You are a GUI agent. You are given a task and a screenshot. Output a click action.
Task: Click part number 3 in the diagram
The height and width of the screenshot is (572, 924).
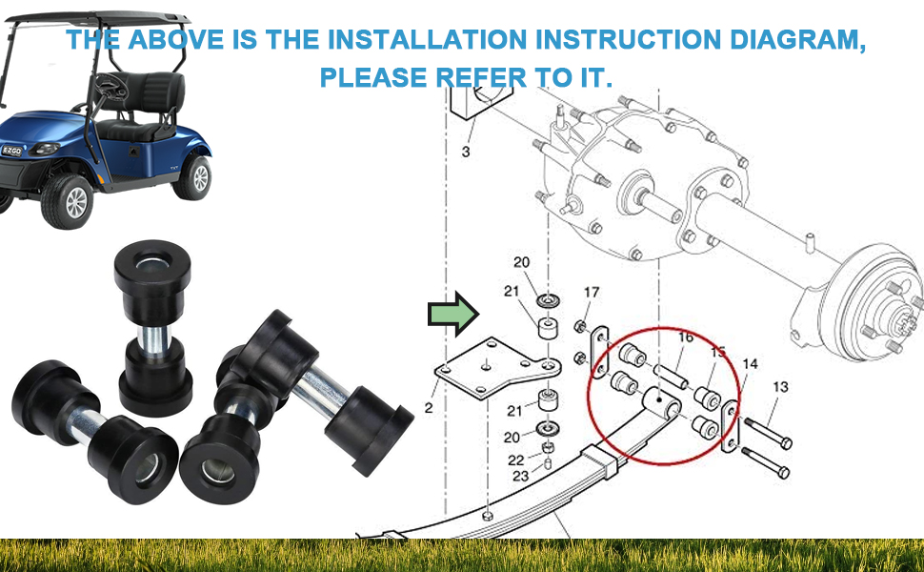(x=466, y=152)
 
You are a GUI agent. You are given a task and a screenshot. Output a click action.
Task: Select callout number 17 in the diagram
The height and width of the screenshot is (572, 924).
(x=592, y=292)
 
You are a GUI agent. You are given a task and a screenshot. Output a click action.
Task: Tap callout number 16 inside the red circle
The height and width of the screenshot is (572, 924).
(x=685, y=337)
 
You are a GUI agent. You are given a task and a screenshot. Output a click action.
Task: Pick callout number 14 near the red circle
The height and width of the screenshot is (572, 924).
(x=750, y=363)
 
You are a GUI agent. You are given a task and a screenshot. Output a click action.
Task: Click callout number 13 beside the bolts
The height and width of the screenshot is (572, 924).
(x=780, y=387)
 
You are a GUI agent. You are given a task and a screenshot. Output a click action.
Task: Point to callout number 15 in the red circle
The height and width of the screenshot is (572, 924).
(x=718, y=352)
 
